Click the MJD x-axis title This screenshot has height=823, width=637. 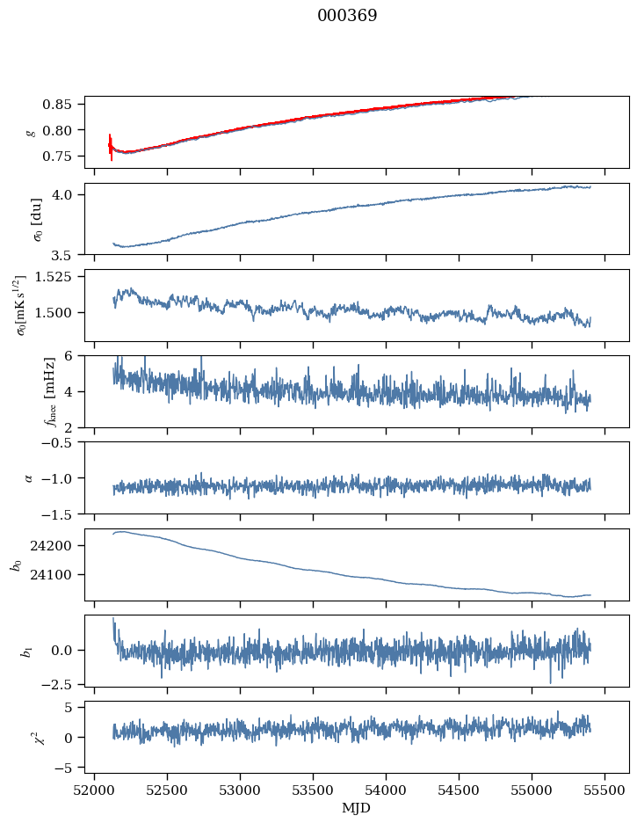[x=357, y=808]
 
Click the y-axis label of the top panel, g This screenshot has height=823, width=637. [x=32, y=132]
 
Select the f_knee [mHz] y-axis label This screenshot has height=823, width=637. [x=25, y=391]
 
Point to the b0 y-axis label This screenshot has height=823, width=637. [x=17, y=564]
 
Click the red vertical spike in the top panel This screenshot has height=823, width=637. [x=111, y=148]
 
